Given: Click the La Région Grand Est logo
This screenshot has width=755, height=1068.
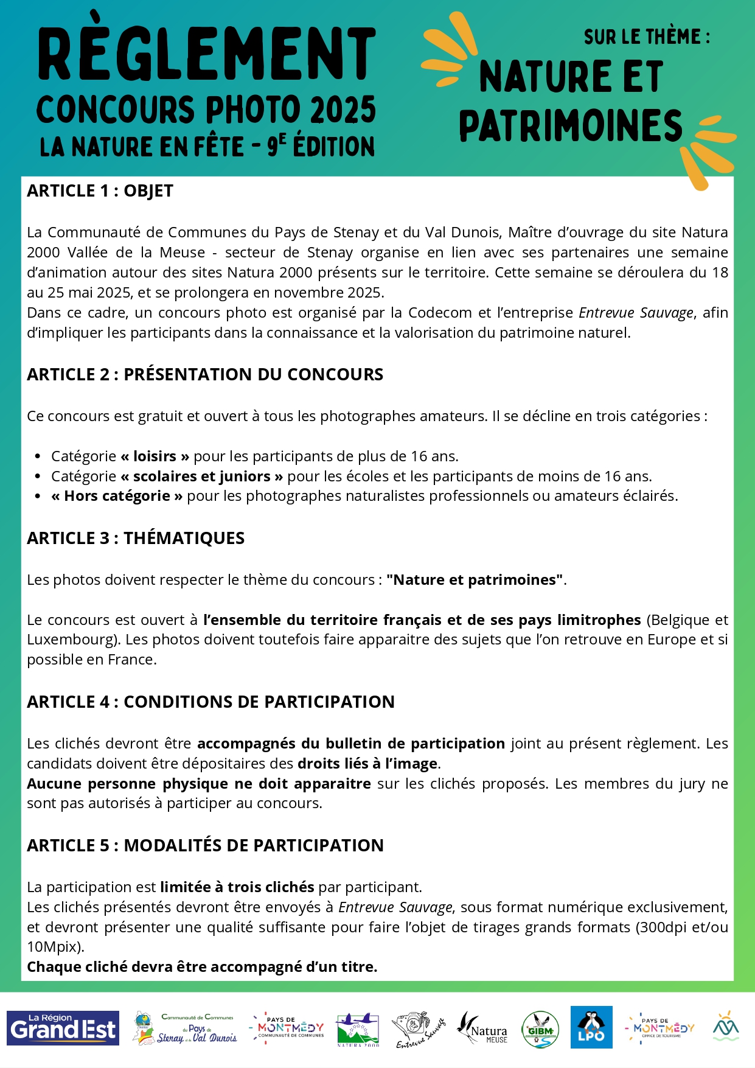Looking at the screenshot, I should point(63,1028).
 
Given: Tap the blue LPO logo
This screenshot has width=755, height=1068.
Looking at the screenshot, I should point(591,1027).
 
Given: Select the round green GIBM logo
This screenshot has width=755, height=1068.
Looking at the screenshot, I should point(540,1030).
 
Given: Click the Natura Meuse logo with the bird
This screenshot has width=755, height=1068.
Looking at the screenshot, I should point(482,1028).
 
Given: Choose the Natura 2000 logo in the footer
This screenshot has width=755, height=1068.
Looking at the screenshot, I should point(358,1030).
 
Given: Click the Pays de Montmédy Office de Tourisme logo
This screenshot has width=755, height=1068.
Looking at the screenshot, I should point(660,1028).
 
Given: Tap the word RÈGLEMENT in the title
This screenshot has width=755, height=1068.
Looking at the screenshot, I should point(207,55).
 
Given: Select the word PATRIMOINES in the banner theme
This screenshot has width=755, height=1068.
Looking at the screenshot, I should point(570,126).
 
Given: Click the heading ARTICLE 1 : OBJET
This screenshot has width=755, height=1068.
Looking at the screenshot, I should point(100,191).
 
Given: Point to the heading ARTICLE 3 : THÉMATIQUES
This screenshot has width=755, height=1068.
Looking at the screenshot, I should point(136,538).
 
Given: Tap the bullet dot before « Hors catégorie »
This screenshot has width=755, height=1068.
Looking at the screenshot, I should point(38,497).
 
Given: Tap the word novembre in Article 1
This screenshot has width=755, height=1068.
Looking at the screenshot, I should point(288,293).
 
